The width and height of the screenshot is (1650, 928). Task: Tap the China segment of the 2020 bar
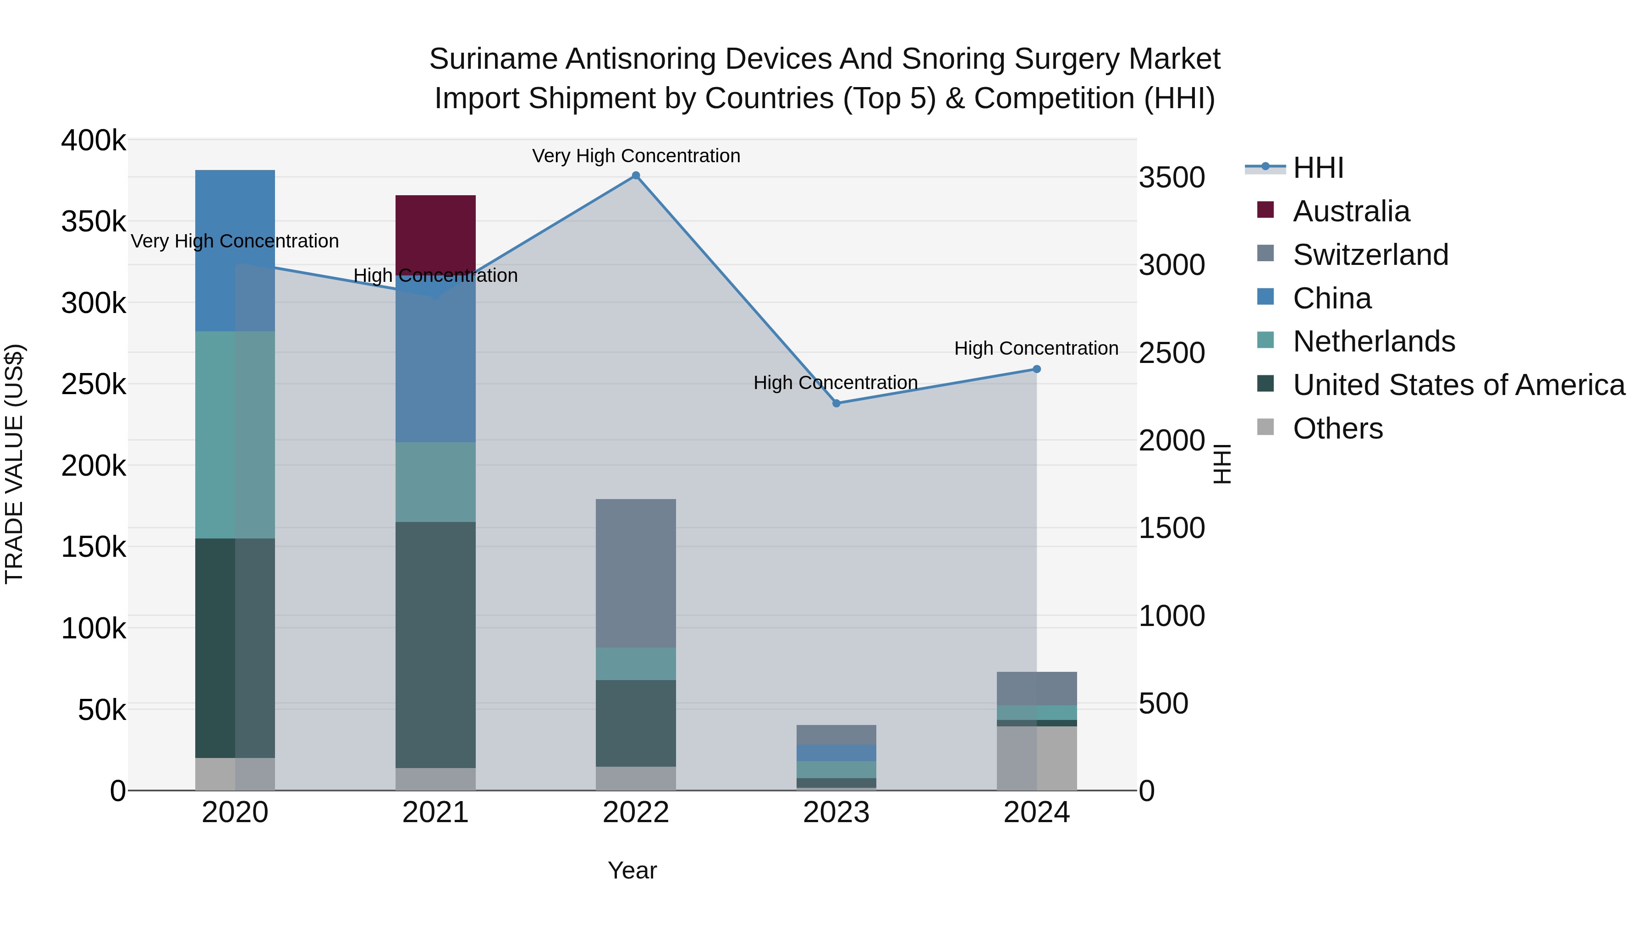coord(234,250)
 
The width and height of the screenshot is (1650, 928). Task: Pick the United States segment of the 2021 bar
coord(435,644)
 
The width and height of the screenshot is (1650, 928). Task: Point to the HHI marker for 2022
coord(635,176)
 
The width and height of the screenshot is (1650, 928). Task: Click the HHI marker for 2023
coord(836,403)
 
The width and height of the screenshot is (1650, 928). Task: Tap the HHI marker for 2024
coord(1036,369)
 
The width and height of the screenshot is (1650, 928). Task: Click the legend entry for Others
coord(1337,428)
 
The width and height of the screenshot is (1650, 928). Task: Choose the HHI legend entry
coord(1318,168)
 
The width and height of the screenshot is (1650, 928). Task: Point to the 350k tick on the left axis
coord(93,222)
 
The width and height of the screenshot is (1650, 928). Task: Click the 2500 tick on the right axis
coord(1171,353)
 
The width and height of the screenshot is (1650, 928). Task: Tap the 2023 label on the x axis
coord(836,813)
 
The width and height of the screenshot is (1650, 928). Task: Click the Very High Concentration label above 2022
coord(635,156)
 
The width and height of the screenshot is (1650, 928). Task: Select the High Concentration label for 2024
coord(1036,348)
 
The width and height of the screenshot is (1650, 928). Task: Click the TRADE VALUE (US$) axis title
coord(14,464)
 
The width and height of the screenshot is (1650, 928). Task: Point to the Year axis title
coord(632,870)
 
